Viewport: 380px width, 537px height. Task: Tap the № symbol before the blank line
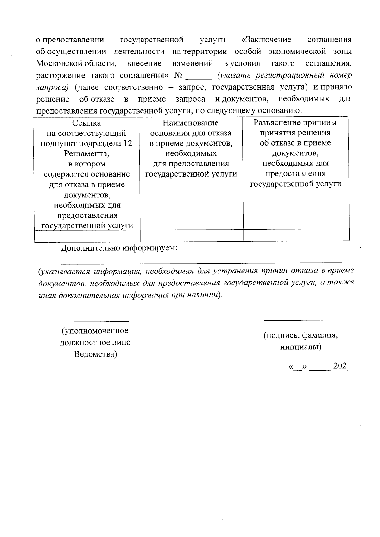pyautogui.click(x=179, y=76)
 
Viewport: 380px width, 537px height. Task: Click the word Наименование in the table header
pyautogui.click(x=191, y=123)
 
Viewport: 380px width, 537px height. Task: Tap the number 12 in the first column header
pyautogui.click(x=128, y=143)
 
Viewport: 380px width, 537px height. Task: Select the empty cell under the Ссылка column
pyautogui.click(x=87, y=236)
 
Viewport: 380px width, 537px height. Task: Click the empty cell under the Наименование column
pyautogui.click(x=192, y=236)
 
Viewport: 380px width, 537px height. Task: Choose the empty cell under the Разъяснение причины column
pyautogui.click(x=296, y=236)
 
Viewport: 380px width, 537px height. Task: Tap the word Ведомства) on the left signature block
pyautogui.click(x=95, y=354)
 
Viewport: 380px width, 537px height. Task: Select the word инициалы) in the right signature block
pyautogui.click(x=301, y=347)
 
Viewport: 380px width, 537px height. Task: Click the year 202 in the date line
pyautogui.click(x=339, y=366)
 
